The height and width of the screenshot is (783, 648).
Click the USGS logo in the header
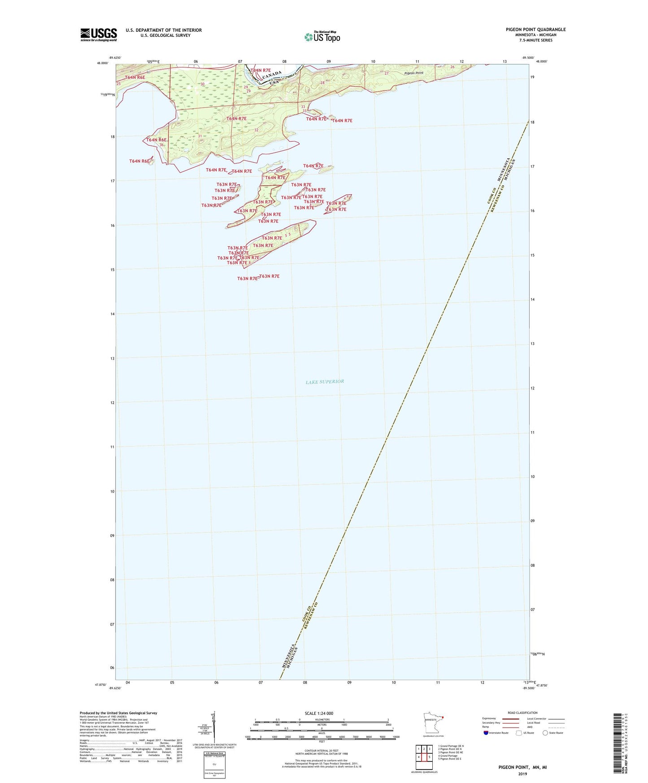[x=99, y=35]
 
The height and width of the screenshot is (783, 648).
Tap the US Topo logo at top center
[x=322, y=37]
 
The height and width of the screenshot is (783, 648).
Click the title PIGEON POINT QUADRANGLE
[x=535, y=30]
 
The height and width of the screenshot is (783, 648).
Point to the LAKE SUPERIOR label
[x=325, y=382]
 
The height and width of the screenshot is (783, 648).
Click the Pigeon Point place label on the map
[x=413, y=73]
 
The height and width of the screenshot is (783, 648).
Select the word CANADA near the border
[x=272, y=75]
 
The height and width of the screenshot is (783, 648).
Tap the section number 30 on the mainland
[x=202, y=84]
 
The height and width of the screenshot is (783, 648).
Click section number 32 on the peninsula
[x=256, y=130]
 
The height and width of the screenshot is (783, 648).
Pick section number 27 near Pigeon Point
[x=386, y=73]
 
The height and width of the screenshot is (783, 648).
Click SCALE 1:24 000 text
[x=319, y=713]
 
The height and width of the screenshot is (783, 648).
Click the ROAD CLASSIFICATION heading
[x=522, y=713]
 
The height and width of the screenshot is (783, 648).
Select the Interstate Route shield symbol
[x=486, y=733]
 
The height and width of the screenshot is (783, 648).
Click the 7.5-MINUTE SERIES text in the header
[x=535, y=40]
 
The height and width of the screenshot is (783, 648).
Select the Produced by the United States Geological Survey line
[x=118, y=713]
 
